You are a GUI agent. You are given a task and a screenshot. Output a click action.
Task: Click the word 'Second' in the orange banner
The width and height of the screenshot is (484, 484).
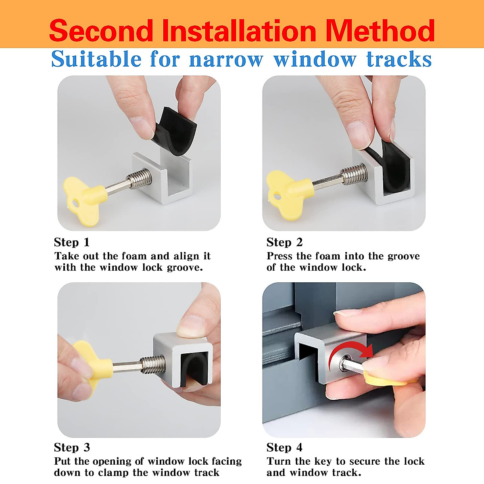[101, 31]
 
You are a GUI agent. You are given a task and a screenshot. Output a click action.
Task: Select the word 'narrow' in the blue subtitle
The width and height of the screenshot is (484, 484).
[226, 60]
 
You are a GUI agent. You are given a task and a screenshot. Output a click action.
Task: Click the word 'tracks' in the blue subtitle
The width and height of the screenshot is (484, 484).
[399, 60]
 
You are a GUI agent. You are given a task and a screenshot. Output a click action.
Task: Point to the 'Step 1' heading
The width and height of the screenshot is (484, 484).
[72, 242]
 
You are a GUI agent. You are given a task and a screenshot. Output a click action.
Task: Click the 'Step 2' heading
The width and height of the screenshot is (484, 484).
[284, 242]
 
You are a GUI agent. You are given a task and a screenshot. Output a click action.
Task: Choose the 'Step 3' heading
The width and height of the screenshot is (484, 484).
[72, 448]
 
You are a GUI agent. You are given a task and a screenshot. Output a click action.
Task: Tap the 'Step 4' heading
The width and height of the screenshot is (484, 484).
[284, 448]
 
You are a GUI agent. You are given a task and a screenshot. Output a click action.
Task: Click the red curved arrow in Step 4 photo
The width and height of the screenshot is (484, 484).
[351, 353]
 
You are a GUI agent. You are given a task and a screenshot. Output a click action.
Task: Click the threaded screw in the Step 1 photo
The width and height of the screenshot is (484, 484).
[140, 178]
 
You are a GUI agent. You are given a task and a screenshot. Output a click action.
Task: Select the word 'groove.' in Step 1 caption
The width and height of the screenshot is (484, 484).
[185, 267]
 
